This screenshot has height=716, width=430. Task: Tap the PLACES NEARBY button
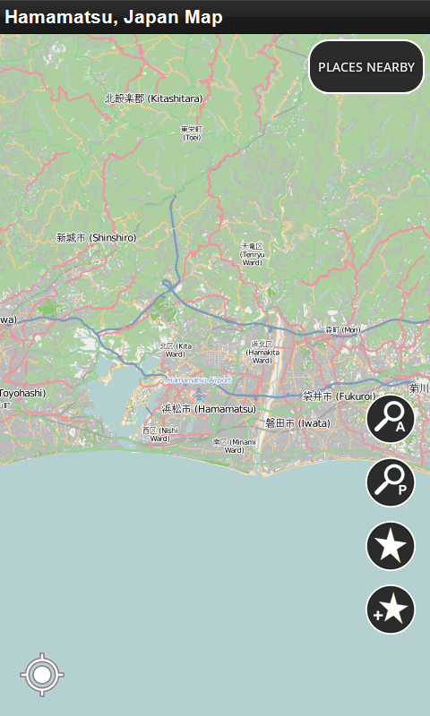[x=365, y=67]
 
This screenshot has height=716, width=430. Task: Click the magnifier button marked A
[x=391, y=418]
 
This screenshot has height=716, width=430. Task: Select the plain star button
[x=391, y=545]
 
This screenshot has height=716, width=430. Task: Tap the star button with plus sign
[x=391, y=609]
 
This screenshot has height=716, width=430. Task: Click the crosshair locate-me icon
[x=42, y=675]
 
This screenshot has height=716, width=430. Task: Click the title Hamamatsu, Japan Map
[x=114, y=17]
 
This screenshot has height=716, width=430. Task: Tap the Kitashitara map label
[x=153, y=98]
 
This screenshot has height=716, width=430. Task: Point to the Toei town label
[x=192, y=133]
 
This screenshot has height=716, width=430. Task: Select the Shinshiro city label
[x=96, y=237]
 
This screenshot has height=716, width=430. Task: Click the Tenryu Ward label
[x=254, y=254]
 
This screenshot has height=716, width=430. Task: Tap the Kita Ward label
[x=175, y=350]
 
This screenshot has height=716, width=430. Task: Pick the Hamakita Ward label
[x=262, y=348]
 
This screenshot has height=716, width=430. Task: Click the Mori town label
[x=341, y=330]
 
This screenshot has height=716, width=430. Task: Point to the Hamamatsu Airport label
[x=199, y=380]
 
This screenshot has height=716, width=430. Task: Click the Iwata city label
[x=297, y=423]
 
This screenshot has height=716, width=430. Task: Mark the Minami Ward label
[x=228, y=445]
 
